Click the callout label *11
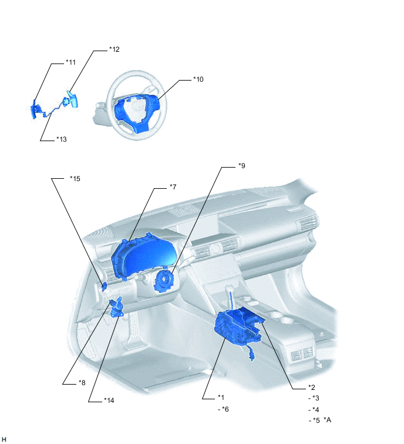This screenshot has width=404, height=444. [70, 62]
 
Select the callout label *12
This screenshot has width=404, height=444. [115, 49]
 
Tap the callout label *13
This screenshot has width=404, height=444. [62, 139]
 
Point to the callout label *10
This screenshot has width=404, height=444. [198, 79]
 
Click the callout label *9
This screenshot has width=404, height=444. [242, 166]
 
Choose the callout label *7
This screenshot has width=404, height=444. [173, 187]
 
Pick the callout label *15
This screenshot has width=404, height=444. [75, 179]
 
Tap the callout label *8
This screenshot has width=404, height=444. [82, 383]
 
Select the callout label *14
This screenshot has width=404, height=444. [109, 400]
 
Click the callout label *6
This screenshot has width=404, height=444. [225, 409]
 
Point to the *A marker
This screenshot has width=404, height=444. [328, 420]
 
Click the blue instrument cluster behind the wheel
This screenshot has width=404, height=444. [142, 257]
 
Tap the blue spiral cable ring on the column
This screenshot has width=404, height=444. [163, 281]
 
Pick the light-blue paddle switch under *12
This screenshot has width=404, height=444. [72, 99]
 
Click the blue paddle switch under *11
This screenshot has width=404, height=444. [34, 109]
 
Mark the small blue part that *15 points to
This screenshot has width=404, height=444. [104, 287]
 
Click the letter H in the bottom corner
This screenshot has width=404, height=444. [4, 439]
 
